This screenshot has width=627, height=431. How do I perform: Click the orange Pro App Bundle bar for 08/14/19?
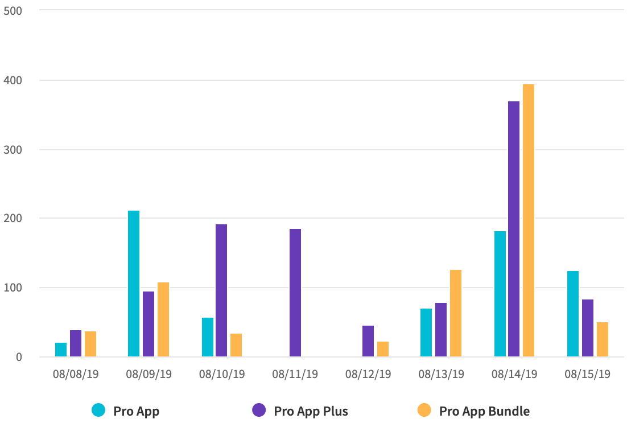[x=529, y=221]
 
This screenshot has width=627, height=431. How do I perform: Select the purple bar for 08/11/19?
[x=295, y=293]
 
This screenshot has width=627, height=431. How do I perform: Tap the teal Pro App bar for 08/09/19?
[x=134, y=284]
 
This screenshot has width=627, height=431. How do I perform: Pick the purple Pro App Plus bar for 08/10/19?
[x=221, y=290]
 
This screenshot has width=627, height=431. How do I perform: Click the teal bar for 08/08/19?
[x=61, y=350]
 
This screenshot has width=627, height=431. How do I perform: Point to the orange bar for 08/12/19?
[x=383, y=349]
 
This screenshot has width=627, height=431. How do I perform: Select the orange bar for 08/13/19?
[x=456, y=313]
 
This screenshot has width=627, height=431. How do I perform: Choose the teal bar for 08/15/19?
[x=573, y=314]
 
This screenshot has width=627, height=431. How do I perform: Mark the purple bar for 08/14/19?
[x=514, y=229]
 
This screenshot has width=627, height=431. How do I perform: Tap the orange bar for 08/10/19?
[x=236, y=345]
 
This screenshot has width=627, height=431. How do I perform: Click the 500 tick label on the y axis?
[x=13, y=11]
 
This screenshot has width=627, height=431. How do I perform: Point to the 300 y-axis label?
[x=13, y=150]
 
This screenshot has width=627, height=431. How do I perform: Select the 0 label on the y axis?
[x=19, y=357]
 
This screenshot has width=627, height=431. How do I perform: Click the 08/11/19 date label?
[x=295, y=374]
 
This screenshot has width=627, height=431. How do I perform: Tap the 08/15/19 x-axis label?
[x=587, y=374]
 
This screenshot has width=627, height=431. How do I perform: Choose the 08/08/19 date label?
[x=76, y=374]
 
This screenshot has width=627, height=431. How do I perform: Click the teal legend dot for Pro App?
[x=99, y=410]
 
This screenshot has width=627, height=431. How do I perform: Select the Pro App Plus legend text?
[x=311, y=411]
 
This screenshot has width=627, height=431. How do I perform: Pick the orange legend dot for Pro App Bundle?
[x=424, y=410]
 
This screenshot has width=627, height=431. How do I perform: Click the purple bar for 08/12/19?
[x=368, y=341]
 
